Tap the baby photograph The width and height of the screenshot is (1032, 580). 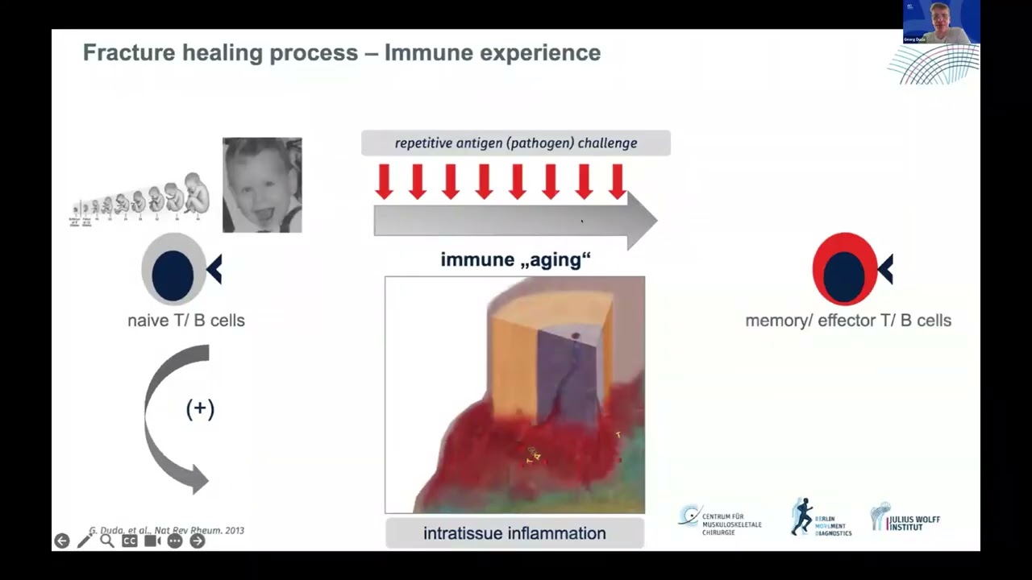pyautogui.click(x=262, y=185)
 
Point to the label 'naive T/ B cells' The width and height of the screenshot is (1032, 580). pyautogui.click(x=185, y=321)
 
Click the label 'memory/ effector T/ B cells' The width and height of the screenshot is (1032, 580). pyautogui.click(x=847, y=321)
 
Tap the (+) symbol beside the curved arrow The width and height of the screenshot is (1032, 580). pyautogui.click(x=200, y=409)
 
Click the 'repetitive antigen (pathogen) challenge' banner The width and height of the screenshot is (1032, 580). pyautogui.click(x=515, y=143)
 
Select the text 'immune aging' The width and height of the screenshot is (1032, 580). pyautogui.click(x=515, y=260)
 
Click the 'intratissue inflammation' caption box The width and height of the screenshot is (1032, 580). pyautogui.click(x=514, y=533)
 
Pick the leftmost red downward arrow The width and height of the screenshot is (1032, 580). pyautogui.click(x=385, y=181)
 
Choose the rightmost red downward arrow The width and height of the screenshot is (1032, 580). pyautogui.click(x=618, y=181)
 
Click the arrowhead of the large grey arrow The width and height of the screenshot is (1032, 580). pyautogui.click(x=641, y=220)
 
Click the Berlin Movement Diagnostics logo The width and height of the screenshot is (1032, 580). pyautogui.click(x=821, y=518)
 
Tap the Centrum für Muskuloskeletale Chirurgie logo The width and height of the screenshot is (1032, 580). pyautogui.click(x=719, y=520)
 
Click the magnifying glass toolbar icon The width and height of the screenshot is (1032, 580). pyautogui.click(x=106, y=541)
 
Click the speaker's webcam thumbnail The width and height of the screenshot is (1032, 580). pyautogui.click(x=941, y=22)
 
